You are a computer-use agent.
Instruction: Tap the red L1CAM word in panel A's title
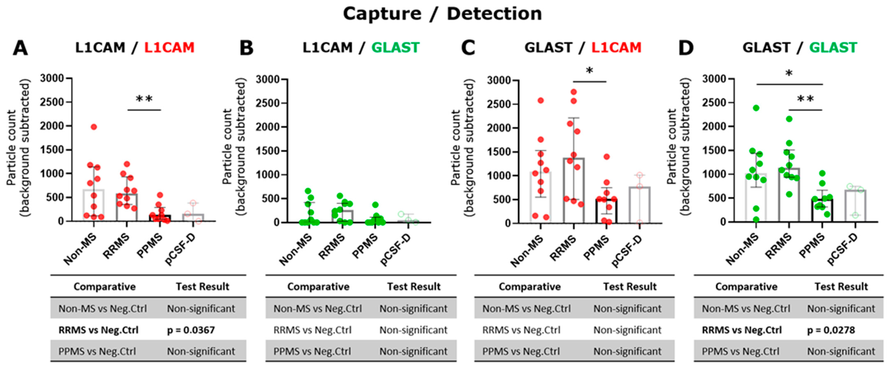(169, 48)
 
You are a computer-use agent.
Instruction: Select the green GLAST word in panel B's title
(395, 48)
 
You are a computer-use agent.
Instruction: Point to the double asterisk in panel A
(144, 99)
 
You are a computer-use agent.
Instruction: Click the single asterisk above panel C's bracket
(589, 71)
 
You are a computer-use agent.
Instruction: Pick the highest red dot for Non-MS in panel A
(94, 127)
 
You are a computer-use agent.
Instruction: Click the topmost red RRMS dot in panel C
(574, 92)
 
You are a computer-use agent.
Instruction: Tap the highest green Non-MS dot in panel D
(756, 108)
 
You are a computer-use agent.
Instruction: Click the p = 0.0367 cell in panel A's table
(191, 330)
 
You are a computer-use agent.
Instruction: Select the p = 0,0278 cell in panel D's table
(831, 330)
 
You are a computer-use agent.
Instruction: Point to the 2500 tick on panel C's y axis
(498, 104)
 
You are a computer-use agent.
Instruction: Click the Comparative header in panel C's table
(530, 287)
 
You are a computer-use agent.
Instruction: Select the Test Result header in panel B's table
(414, 287)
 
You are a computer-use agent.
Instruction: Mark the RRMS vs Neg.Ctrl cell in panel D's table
(742, 330)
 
